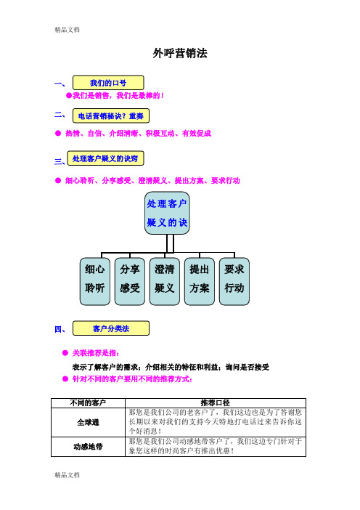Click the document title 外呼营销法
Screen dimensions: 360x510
pyautogui.click(x=180, y=53)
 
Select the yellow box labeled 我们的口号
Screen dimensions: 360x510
pyautogui.click(x=108, y=83)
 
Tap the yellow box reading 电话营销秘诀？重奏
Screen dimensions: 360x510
pyautogui.click(x=111, y=116)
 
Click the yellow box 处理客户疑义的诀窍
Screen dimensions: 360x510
pyautogui.click(x=105, y=158)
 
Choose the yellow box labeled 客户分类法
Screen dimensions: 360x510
pyautogui.click(x=111, y=328)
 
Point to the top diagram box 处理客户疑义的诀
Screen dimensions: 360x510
pyautogui.click(x=167, y=213)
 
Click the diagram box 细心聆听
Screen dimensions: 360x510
pyautogui.click(x=95, y=281)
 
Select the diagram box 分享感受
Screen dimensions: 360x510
pyautogui.click(x=130, y=281)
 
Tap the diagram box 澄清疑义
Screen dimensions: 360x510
pyautogui.click(x=165, y=281)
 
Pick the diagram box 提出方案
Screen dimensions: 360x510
pyautogui.click(x=199, y=281)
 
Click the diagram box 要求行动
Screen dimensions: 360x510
pyautogui.click(x=234, y=281)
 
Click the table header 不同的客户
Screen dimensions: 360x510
pyautogui.click(x=88, y=403)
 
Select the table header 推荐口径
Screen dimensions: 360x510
pyautogui.click(x=216, y=403)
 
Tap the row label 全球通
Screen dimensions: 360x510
pyautogui.click(x=88, y=422)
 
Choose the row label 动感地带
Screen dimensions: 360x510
pyautogui.click(x=88, y=447)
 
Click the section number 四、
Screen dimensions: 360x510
pyautogui.click(x=60, y=329)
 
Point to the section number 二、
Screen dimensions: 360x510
pyautogui.click(x=60, y=114)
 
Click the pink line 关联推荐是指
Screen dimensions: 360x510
pyautogui.click(x=96, y=353)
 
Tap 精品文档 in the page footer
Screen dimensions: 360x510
pyautogui.click(x=67, y=475)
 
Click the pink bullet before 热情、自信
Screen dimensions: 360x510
pyautogui.click(x=58, y=133)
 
